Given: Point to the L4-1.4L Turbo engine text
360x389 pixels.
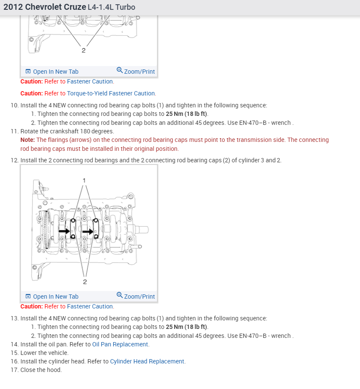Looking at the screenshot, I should pyautogui.click(x=111, y=7).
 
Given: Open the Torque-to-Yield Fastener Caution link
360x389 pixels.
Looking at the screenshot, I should pyautogui.click(x=111, y=93).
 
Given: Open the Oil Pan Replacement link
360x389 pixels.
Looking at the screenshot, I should pyautogui.click(x=120, y=344).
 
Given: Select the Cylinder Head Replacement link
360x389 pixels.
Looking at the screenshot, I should pyautogui.click(x=147, y=361).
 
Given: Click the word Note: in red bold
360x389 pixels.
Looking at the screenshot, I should pyautogui.click(x=28, y=140).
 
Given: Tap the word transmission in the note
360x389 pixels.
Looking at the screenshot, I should pyautogui.click(x=255, y=140).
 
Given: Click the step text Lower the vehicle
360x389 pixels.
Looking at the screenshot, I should pyautogui.click(x=44, y=353).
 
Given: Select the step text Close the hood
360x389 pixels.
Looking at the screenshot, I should pyautogui.click(x=41, y=370).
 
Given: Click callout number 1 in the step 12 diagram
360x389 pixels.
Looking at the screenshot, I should pyautogui.click(x=84, y=180).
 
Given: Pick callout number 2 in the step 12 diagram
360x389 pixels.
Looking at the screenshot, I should pyautogui.click(x=85, y=282).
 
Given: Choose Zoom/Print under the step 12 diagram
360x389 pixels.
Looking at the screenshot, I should pyautogui.click(x=136, y=297).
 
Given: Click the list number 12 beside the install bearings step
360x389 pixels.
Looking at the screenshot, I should pyautogui.click(x=14, y=160).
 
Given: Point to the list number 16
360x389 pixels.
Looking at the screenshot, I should pyautogui.click(x=14, y=361).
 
